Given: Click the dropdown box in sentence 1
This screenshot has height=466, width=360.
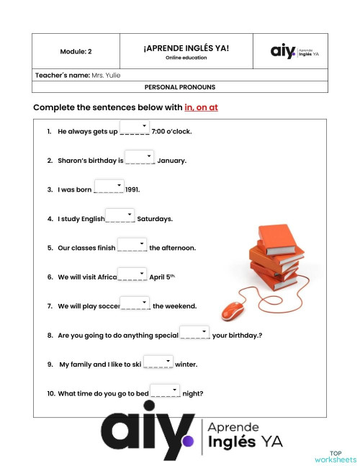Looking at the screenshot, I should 134,128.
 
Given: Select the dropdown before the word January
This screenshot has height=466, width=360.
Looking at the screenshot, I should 140,157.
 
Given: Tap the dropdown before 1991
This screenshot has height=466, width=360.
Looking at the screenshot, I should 109,187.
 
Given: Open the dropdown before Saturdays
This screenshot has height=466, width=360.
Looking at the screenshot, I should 120,215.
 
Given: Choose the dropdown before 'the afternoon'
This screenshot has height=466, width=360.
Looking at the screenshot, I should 132,245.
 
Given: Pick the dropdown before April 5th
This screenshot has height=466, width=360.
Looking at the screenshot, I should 132,274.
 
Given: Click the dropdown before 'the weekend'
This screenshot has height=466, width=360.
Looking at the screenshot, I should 135,303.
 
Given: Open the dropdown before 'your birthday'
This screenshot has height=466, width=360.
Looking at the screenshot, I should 194,332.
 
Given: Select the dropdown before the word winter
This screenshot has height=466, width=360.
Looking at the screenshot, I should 158,362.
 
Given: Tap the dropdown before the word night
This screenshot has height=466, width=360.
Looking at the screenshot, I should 166,390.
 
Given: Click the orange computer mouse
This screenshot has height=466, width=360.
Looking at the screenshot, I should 233,311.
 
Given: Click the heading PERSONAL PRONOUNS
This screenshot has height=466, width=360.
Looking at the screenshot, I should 180,87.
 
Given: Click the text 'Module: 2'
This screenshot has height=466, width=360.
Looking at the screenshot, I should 76,52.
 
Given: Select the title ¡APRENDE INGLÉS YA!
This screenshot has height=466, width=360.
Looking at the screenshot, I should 186,48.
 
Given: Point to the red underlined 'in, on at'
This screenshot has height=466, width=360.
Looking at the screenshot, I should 202,107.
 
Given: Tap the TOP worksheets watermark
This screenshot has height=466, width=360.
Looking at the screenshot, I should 336,457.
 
